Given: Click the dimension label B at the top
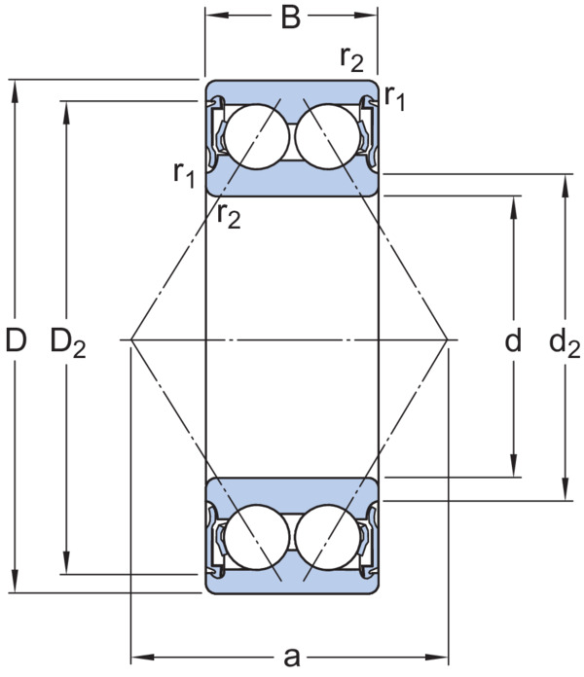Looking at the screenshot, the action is click(291, 18).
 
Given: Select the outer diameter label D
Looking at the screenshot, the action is click(16, 339).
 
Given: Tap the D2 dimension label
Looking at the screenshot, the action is click(68, 342).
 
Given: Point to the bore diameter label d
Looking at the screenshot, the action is click(513, 339).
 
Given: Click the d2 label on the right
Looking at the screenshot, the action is click(565, 342).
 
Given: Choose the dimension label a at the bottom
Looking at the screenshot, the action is click(292, 658).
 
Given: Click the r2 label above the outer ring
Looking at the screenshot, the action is click(352, 58).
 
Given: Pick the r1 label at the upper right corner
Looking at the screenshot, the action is click(395, 97).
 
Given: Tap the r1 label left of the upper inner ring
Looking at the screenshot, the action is click(184, 175).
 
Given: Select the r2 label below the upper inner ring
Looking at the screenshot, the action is click(229, 215).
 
